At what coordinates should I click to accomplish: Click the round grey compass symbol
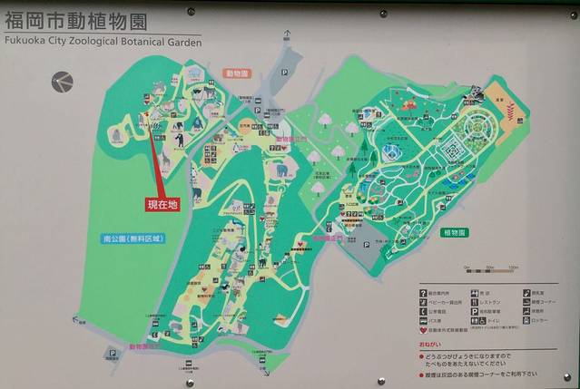tap(61, 83)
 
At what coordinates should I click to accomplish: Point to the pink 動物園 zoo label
tap(238, 73)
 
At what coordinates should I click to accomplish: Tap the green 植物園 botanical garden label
tap(455, 232)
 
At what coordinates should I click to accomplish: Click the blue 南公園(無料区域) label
tap(133, 239)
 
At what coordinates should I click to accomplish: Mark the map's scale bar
tap(489, 270)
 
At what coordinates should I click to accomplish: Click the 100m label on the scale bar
tap(513, 267)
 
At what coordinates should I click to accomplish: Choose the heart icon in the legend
tap(423, 332)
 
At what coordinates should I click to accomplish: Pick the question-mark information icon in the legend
tap(423, 292)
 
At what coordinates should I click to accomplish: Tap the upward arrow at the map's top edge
tap(287, 35)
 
